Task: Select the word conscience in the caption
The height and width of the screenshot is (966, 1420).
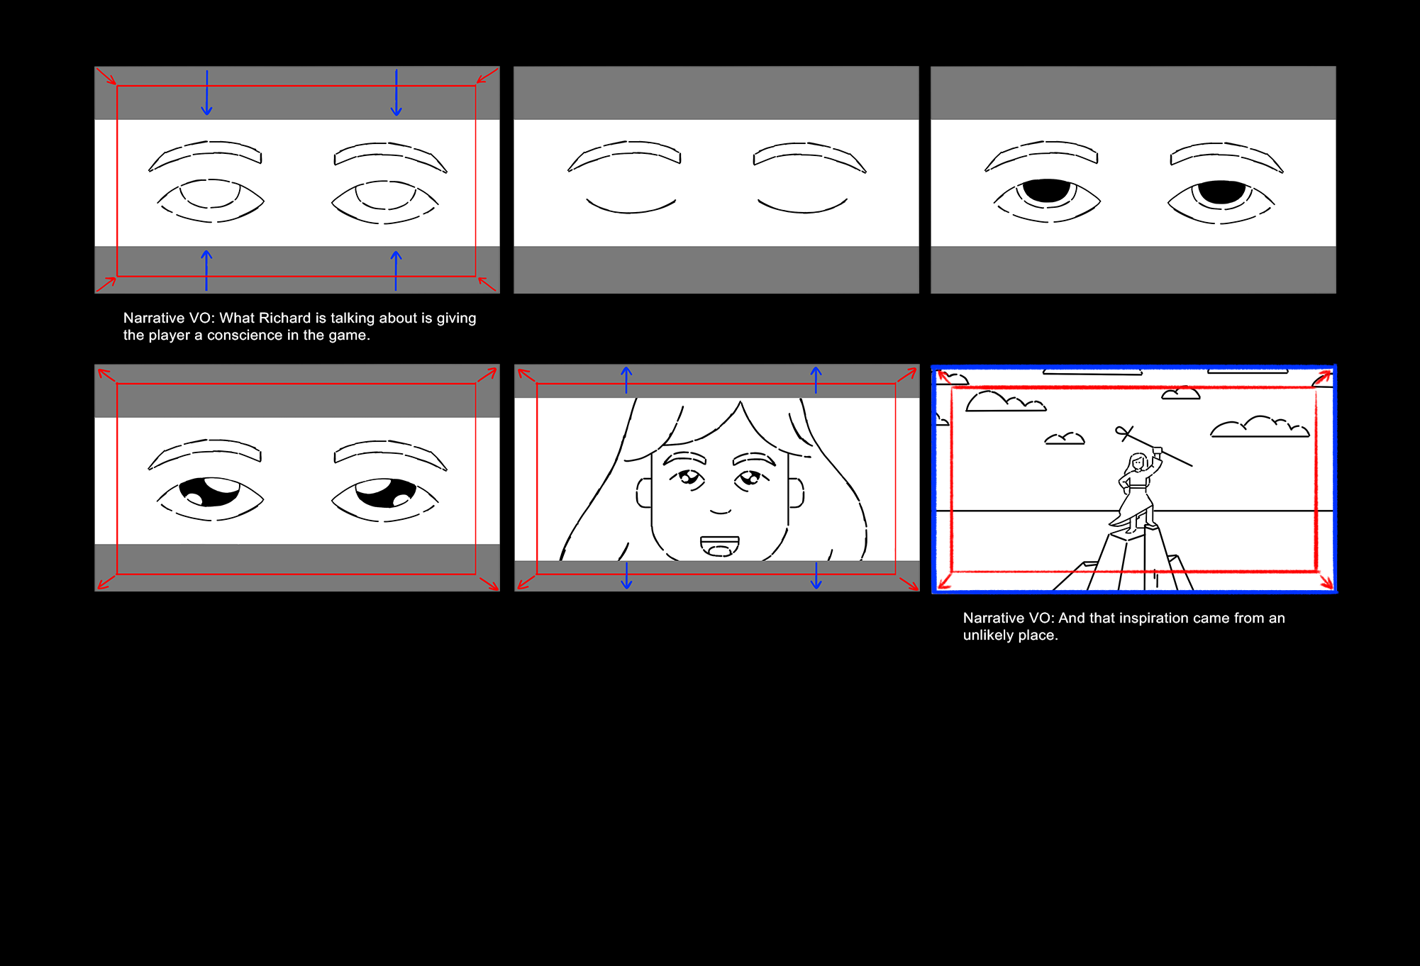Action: pos(245,335)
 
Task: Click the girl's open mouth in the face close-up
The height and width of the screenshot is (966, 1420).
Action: pos(720,545)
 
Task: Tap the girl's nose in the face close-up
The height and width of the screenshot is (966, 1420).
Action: pos(721,510)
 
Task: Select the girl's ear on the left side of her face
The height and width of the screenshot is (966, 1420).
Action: pos(644,493)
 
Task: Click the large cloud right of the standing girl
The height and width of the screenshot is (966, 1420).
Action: pos(1260,426)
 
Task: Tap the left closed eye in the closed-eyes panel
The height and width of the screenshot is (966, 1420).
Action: pos(631,206)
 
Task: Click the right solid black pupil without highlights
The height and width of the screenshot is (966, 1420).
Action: pos(1221,192)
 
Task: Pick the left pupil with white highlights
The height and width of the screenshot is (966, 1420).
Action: pos(210,492)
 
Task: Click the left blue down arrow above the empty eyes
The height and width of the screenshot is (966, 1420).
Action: pos(206,93)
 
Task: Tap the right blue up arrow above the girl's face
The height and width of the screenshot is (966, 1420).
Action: pos(816,379)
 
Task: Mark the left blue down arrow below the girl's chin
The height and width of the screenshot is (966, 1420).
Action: pos(626,576)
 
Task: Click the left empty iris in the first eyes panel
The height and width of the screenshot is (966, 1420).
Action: pos(210,194)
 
